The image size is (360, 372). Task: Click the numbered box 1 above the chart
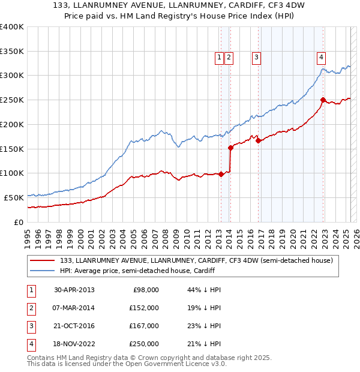pos(219,58)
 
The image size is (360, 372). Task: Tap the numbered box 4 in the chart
pos(322,58)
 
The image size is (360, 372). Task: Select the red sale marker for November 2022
pos(323,100)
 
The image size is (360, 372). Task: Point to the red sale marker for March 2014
pos(230,147)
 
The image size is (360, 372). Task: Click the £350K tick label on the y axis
pos(12,51)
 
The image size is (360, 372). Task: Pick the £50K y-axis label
pos(14,197)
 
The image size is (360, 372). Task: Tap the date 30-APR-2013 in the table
pos(74,290)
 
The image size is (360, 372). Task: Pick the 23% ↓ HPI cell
pos(205,326)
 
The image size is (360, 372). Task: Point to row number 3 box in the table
pos(30,326)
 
